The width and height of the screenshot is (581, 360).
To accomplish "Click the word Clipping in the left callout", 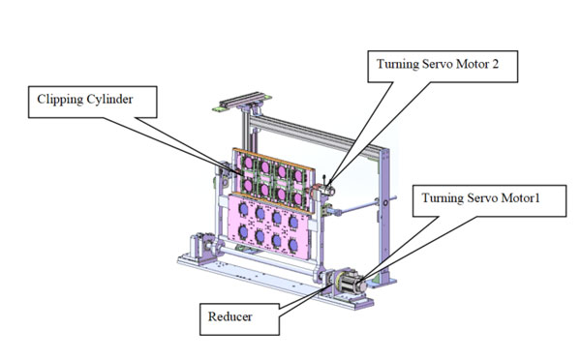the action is pos(60,100).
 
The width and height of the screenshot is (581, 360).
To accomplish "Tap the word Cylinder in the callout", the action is pos(109,100).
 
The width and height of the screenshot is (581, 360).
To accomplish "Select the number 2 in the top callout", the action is pos(495,64).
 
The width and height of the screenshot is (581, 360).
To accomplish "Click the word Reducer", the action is pos(229,316).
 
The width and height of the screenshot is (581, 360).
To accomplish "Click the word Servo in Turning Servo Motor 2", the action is pos(438,64).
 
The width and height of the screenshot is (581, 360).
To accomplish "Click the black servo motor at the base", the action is pos(352,284).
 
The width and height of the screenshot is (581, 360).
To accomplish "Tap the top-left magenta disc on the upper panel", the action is pos(248,163).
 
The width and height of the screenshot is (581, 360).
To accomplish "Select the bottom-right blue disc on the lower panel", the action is pos(293,245).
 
